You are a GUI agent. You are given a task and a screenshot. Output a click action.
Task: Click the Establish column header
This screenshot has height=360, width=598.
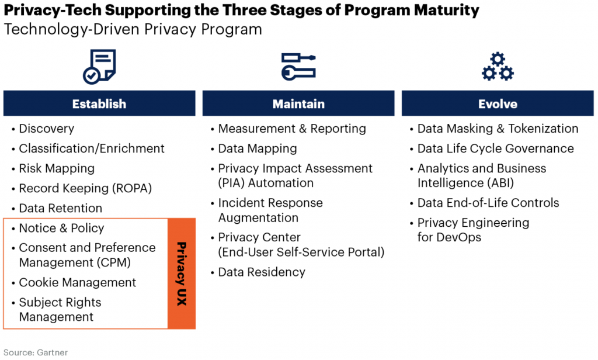point(99,104)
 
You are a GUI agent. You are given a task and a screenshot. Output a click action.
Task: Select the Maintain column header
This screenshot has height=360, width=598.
point(298,104)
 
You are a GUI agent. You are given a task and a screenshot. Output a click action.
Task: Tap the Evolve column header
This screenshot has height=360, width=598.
point(498,104)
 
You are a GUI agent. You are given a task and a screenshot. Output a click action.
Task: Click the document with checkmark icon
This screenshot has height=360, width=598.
point(99,66)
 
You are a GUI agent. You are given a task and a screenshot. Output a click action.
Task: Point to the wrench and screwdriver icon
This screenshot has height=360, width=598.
point(298,66)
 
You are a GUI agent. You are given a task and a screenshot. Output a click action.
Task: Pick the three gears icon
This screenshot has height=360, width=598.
point(498,66)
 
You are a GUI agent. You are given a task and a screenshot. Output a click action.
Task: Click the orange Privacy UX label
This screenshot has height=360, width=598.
point(182,274)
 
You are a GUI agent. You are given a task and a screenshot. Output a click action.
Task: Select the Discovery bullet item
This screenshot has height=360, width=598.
point(47,129)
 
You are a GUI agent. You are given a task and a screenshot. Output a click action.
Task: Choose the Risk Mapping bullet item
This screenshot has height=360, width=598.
point(57,168)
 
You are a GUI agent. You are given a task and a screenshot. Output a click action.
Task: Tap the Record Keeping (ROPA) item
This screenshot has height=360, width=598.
point(85,188)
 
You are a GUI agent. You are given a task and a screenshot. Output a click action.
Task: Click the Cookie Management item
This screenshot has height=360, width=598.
point(78,282)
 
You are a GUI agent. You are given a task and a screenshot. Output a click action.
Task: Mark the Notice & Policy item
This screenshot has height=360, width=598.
point(62,228)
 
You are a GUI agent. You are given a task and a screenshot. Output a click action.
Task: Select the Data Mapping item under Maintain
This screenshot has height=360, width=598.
point(258,148)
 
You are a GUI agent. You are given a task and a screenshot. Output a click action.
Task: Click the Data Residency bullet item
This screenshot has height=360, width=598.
point(262,272)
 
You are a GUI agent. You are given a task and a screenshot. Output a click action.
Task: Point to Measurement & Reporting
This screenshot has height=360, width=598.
point(292,129)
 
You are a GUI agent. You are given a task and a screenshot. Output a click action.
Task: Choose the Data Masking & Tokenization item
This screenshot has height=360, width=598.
point(498,129)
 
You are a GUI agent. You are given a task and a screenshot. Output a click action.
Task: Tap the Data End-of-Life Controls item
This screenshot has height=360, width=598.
point(488,203)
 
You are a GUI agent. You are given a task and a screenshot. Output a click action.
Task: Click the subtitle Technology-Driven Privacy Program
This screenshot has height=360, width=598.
point(133,29)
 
